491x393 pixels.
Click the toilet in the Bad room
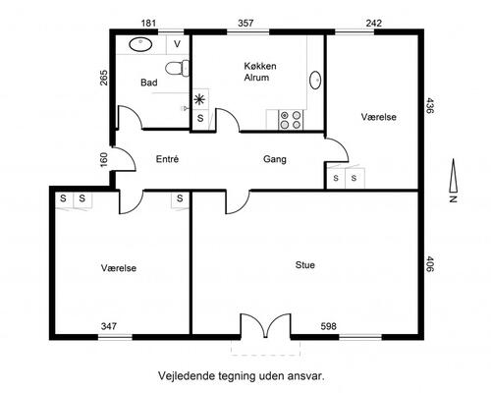(177, 69)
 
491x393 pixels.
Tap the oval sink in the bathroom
(140, 44)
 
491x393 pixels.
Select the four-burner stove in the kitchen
(291, 120)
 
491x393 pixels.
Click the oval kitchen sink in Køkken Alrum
(315, 80)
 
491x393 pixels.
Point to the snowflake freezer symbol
(199, 99)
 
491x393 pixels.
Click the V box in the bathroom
(178, 44)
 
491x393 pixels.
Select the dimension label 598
(328, 326)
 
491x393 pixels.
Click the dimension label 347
(109, 326)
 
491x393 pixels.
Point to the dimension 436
(430, 105)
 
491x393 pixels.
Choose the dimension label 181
(148, 24)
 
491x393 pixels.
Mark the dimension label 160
(104, 160)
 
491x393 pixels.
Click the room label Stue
(305, 264)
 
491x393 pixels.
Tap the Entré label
(167, 159)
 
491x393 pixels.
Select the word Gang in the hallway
(275, 159)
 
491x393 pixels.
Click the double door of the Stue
(265, 326)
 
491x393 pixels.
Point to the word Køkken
(260, 66)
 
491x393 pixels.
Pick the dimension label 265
(104, 78)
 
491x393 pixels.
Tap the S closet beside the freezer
(200, 118)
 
